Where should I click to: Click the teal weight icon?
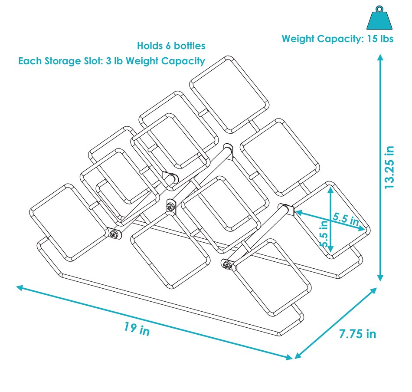(379, 19)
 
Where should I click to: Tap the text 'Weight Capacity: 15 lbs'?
(337, 39)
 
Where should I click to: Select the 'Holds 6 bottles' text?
(171, 46)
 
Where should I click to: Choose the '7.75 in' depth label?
(357, 334)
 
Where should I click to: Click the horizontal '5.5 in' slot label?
(346, 218)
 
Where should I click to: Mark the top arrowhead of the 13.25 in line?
(380, 58)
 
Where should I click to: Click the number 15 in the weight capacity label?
(370, 39)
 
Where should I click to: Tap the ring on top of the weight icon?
(379, 8)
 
